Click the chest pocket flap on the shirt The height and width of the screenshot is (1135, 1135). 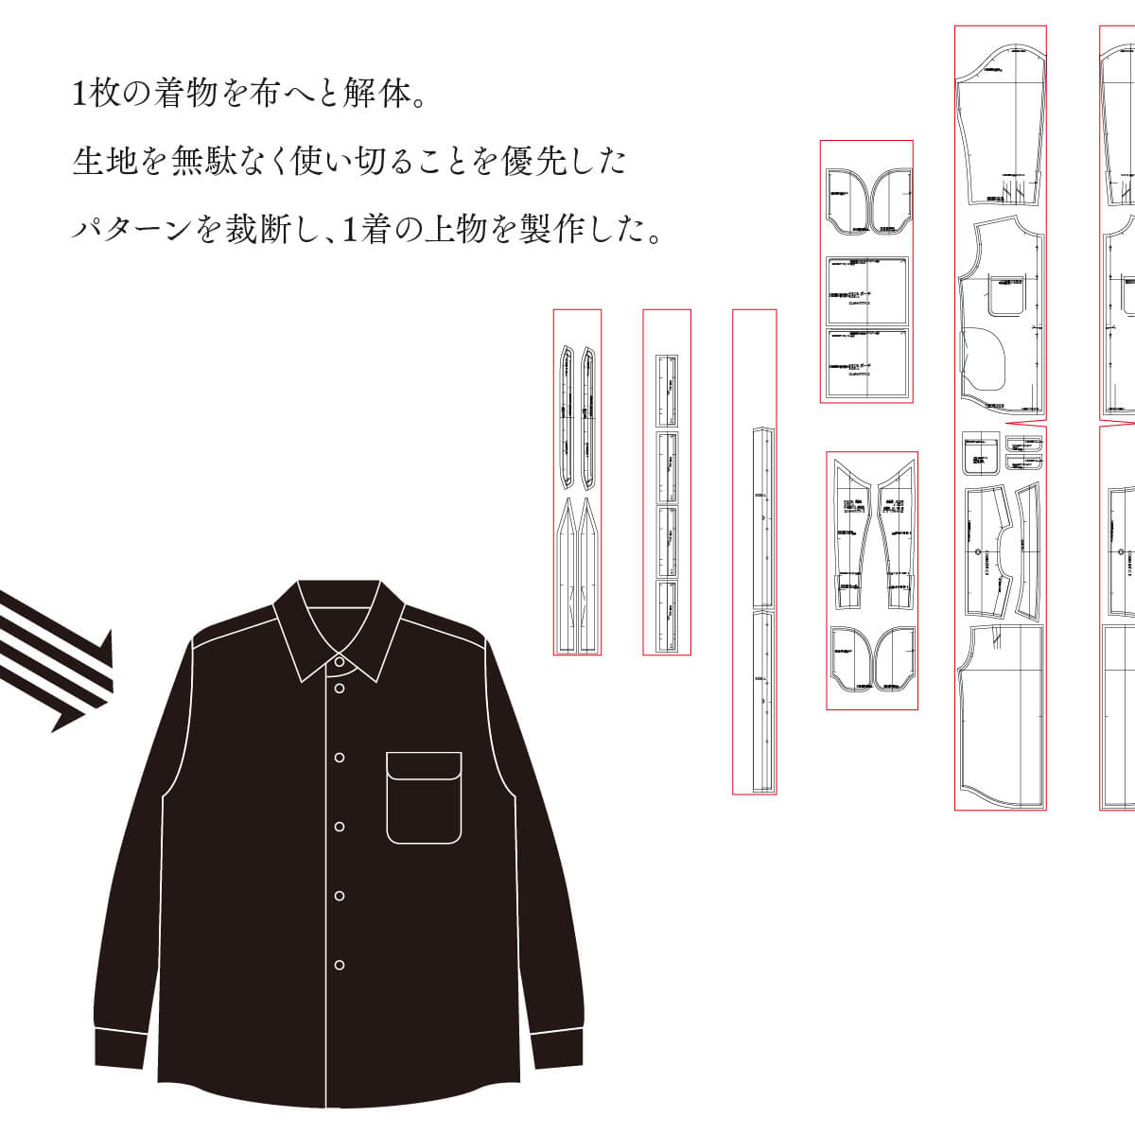pos(423,765)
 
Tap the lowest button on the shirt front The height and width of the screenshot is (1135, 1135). pos(340,965)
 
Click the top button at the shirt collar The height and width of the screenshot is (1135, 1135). pos(340,664)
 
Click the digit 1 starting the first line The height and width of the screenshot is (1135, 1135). pos(79,94)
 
